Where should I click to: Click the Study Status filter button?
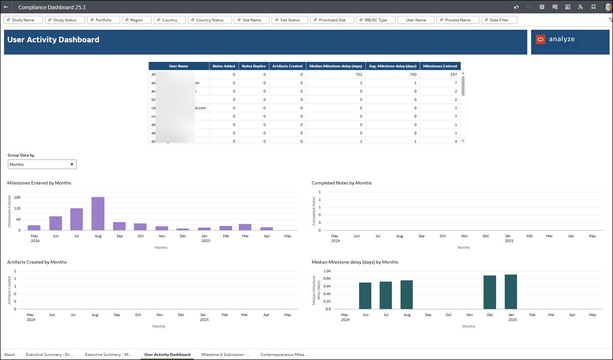(64, 20)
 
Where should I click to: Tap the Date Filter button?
(499, 20)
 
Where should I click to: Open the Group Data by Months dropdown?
(42, 164)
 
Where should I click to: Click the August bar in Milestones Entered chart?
(98, 214)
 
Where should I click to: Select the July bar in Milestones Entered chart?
(76, 219)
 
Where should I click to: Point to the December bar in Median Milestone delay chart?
(490, 292)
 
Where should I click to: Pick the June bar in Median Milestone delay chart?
(365, 296)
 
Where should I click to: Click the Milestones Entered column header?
(440, 66)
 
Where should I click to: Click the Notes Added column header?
(224, 66)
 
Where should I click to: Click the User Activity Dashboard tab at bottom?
(167, 354)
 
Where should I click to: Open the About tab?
(10, 354)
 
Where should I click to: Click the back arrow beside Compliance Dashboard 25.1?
(6, 7)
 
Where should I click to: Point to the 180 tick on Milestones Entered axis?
(17, 197)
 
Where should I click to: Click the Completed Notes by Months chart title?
(342, 183)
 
